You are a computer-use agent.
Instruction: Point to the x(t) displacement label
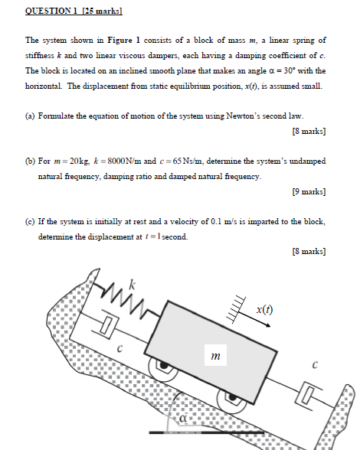(x=264, y=310)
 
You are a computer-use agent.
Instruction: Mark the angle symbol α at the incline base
(x=184, y=419)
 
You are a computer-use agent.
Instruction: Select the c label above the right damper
(x=314, y=367)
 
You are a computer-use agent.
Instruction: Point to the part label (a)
(x=31, y=116)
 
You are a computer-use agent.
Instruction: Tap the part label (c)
(x=31, y=221)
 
